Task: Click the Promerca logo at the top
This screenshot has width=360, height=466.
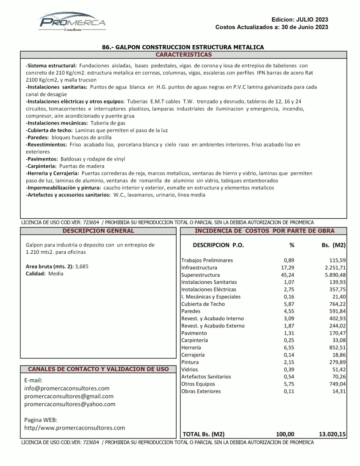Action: click(x=72, y=22)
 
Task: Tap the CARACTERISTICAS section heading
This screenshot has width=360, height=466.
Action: click(x=183, y=55)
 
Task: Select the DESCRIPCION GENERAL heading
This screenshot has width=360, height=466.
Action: click(x=98, y=231)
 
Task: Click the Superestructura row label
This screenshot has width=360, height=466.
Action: click(x=200, y=275)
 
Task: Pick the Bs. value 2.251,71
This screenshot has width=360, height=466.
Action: click(x=333, y=268)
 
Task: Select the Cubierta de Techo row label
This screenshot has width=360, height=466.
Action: click(x=203, y=304)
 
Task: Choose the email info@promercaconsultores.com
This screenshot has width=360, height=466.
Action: click(x=67, y=388)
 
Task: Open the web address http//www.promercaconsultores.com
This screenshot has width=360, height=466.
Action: click(x=75, y=428)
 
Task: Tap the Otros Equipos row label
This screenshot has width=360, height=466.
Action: click(x=198, y=384)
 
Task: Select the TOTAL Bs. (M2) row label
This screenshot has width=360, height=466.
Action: click(x=203, y=434)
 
